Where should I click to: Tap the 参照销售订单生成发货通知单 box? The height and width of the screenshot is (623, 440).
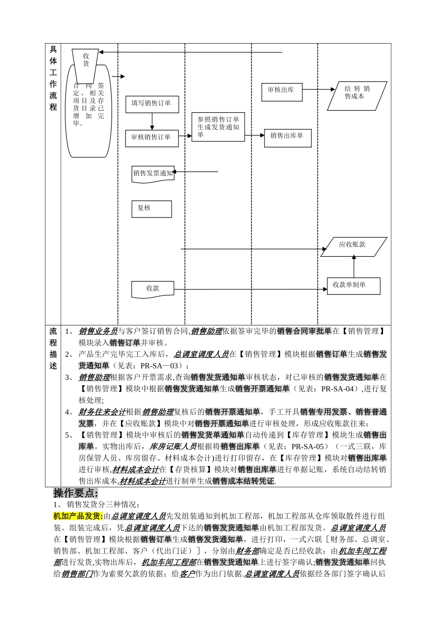pos(218,127)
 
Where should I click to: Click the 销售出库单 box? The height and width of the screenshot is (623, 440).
pos(287,138)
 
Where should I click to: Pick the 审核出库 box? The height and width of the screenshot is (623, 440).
pos(282,91)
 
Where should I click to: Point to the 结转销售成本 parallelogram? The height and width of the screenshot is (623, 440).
pos(357,96)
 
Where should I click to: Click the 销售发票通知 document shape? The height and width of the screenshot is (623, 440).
pos(153,173)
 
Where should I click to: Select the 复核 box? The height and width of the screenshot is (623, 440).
pos(151,209)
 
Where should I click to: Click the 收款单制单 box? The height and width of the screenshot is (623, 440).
pos(353,286)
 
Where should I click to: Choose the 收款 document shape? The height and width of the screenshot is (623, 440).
pos(153,289)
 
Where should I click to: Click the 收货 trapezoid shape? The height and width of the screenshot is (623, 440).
pos(86,65)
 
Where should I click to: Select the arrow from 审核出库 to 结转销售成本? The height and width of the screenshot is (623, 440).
pos(319,89)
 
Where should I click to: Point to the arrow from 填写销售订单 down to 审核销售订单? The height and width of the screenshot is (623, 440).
pos(152,121)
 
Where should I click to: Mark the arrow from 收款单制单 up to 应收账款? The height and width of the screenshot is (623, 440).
pos(354,267)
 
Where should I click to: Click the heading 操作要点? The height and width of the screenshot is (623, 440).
pos(75,493)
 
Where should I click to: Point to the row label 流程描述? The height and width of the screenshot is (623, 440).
pos(53,349)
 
